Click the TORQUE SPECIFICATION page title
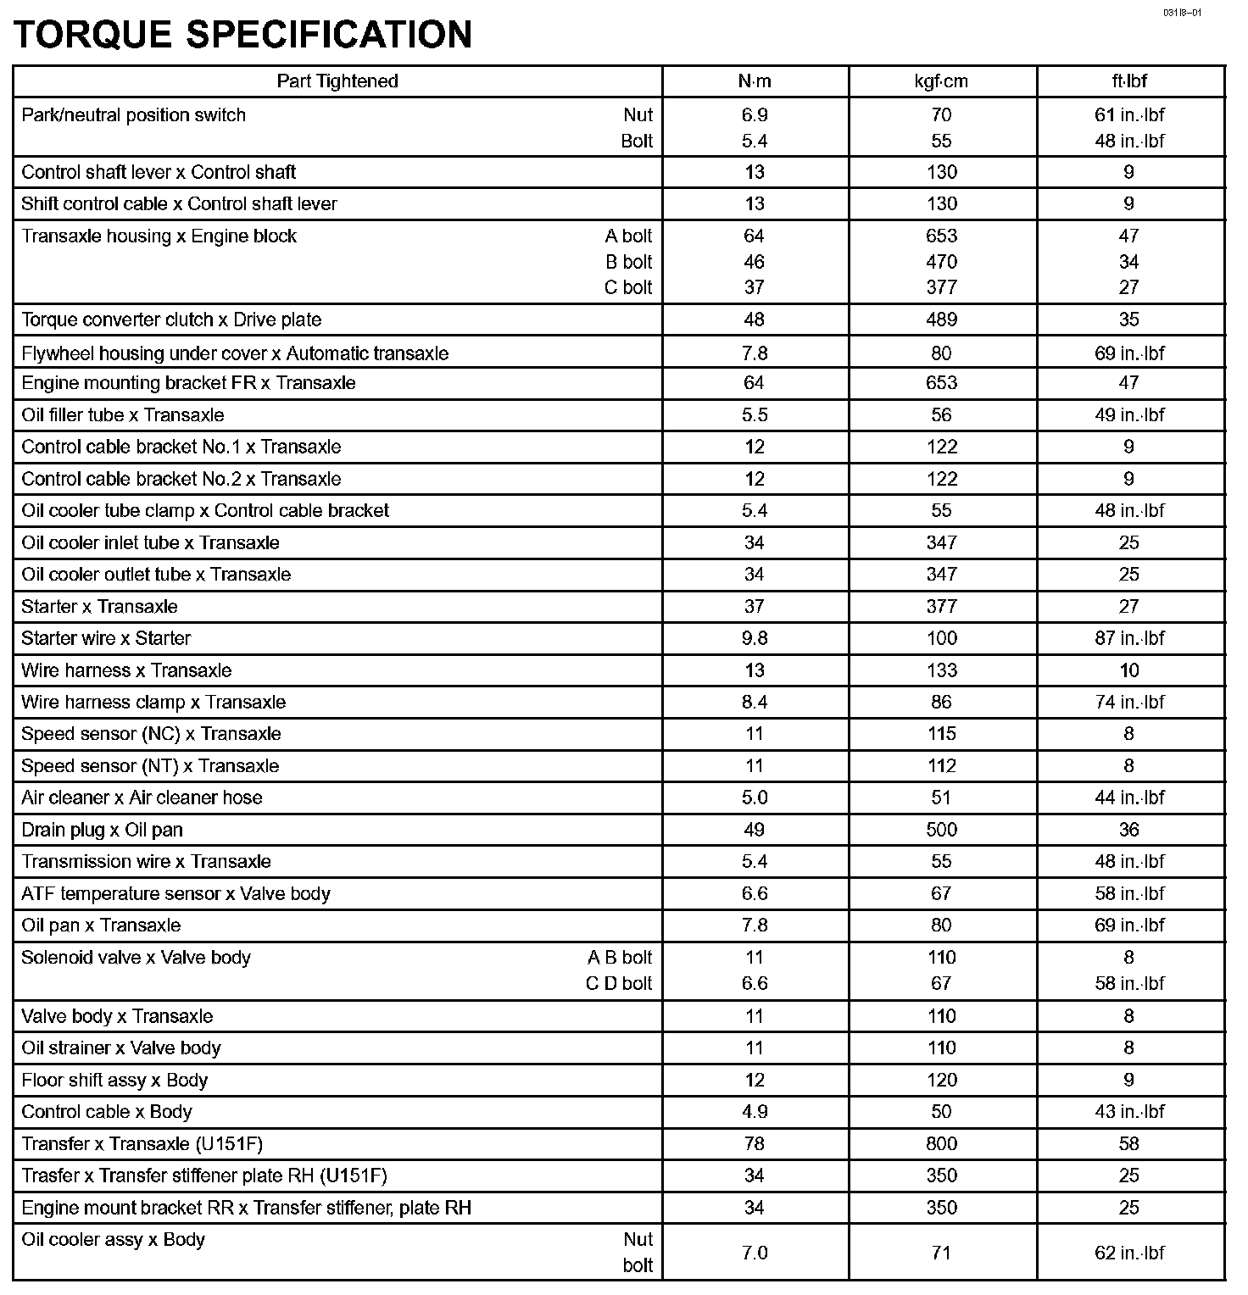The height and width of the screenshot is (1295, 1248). (x=242, y=35)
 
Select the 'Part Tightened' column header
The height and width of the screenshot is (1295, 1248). (x=337, y=81)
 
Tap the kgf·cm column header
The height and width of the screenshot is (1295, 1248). (x=941, y=81)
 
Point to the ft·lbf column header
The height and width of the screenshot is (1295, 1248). (x=1129, y=81)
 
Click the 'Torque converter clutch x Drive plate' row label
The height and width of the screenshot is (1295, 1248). (x=171, y=320)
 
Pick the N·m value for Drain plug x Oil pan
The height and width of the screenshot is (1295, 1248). (x=754, y=831)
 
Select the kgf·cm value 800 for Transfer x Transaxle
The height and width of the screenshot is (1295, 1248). (x=941, y=1144)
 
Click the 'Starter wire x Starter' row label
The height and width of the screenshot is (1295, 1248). (x=106, y=639)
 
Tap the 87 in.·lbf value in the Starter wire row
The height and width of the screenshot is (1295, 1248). (x=1129, y=639)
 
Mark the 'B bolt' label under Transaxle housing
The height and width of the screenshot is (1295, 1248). (x=628, y=262)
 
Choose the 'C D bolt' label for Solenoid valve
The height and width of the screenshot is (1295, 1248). (x=619, y=984)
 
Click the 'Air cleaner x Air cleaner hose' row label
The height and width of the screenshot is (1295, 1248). (x=142, y=798)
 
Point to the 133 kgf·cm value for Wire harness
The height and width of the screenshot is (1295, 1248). (x=941, y=671)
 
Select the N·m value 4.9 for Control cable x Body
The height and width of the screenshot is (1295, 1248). (x=754, y=1112)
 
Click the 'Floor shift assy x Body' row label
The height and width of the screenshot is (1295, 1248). (x=114, y=1081)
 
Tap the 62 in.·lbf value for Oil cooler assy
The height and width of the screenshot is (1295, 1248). (x=1129, y=1253)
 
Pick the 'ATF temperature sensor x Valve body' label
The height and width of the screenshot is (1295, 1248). (x=175, y=894)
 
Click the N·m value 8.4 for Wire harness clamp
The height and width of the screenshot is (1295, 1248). (x=754, y=703)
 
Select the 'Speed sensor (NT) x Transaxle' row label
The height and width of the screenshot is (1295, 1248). (x=150, y=767)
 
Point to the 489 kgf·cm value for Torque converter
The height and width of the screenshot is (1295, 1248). (x=941, y=320)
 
